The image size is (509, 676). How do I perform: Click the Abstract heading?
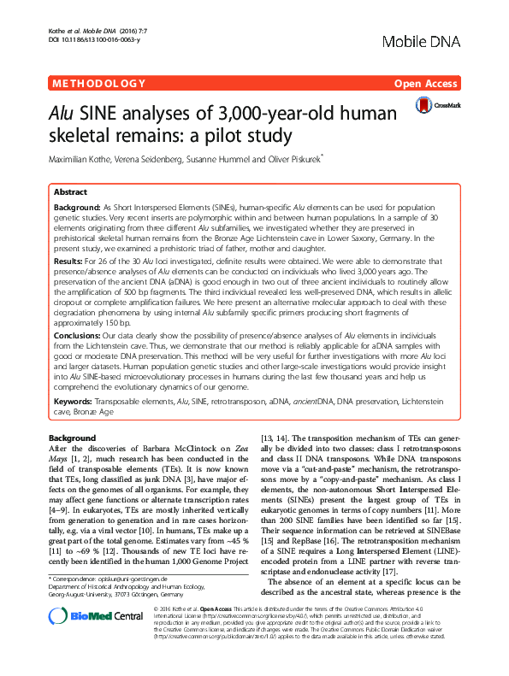coord(70,194)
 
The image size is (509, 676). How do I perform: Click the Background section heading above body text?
coord(74,438)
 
